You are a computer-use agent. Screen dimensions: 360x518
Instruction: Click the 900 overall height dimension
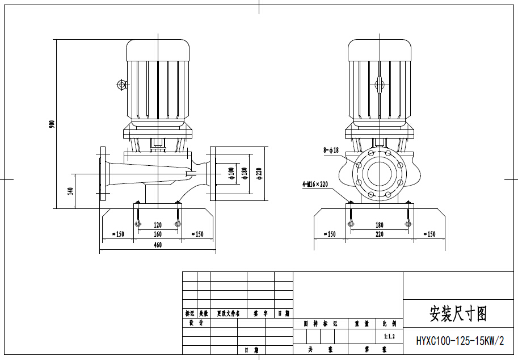click(x=52, y=124)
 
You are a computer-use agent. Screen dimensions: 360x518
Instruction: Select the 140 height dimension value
click(x=71, y=191)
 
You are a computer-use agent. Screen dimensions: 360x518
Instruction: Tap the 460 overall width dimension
click(x=158, y=245)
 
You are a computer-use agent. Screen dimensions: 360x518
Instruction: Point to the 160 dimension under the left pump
click(x=158, y=234)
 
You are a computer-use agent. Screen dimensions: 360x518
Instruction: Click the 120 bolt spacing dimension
click(x=158, y=225)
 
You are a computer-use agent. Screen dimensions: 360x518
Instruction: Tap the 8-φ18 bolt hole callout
click(x=331, y=150)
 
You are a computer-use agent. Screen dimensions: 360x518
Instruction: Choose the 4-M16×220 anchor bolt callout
click(x=315, y=184)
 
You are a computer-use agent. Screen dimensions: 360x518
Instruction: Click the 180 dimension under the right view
click(x=380, y=225)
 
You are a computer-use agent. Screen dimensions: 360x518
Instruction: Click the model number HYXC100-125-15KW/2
click(x=460, y=341)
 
